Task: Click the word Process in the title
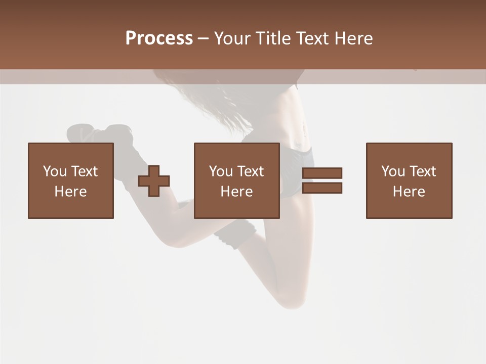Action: point(159,38)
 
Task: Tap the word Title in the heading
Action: point(272,38)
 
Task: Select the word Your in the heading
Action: point(233,38)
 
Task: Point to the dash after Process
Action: point(203,39)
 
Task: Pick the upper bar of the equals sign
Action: point(322,173)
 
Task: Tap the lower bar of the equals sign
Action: point(322,188)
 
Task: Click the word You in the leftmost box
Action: point(55,171)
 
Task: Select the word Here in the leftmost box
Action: point(70,192)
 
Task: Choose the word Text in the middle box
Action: point(250,171)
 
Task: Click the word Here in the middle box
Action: point(236,192)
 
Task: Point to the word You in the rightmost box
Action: point(393,171)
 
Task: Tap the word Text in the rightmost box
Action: point(422,171)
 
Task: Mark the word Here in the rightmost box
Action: point(409,192)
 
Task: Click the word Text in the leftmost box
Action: point(84,171)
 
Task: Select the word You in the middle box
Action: point(221,171)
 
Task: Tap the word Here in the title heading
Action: point(354,38)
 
